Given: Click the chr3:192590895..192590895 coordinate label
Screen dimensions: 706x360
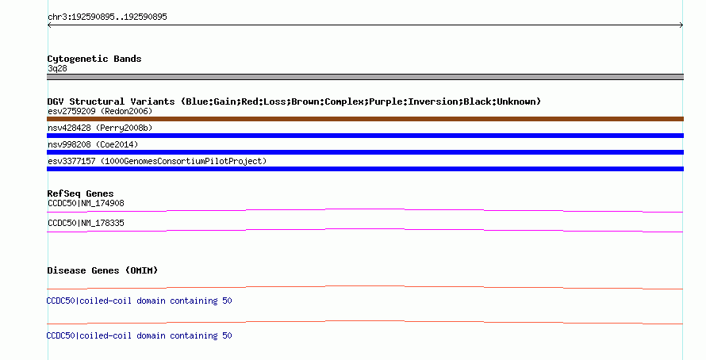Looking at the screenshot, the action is (107, 17).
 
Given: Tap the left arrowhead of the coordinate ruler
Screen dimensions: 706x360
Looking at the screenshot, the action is (48, 25).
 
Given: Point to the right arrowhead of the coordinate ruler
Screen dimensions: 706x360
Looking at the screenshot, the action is (681, 25).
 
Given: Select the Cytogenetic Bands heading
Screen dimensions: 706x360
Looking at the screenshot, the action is (94, 59).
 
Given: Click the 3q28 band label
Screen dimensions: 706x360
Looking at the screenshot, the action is (57, 68).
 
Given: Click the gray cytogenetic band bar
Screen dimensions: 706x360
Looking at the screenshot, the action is (365, 77).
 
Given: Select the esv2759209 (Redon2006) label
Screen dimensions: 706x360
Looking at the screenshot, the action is (100, 111).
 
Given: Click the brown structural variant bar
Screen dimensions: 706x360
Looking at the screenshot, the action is (365, 119).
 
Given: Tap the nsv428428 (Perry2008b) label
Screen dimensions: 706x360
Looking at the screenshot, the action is (100, 128).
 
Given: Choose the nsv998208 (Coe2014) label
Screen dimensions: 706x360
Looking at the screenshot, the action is (93, 144).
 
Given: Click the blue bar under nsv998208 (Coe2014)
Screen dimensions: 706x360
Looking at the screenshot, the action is (365, 152).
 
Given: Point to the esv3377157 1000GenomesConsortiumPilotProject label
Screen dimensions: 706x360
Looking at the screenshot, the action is (157, 161).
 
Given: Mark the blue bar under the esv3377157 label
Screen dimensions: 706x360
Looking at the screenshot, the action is (365, 169).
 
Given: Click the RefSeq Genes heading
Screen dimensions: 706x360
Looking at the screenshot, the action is (80, 193).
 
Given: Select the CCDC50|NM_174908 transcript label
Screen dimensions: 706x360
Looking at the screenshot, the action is (86, 204).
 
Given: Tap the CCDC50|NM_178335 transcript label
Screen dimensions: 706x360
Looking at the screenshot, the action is (86, 223).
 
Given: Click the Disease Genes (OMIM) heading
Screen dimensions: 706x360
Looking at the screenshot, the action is (102, 270).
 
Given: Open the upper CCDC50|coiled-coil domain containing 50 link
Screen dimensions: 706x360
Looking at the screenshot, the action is (139, 301).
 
